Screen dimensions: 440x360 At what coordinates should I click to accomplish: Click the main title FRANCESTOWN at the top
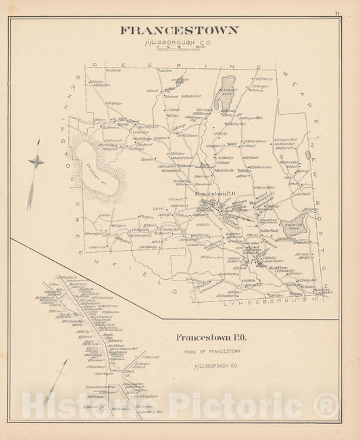click(x=178, y=30)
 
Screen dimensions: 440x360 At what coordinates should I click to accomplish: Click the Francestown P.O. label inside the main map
click(x=215, y=195)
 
